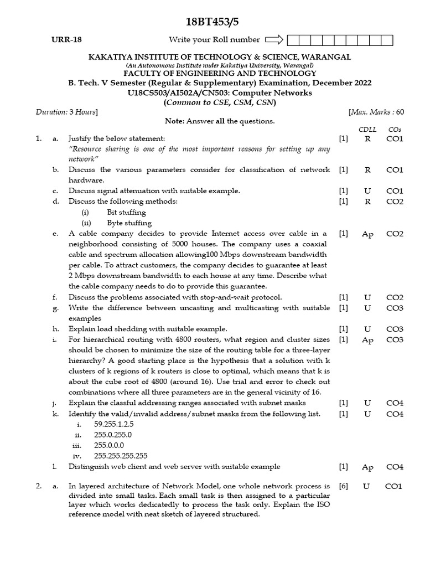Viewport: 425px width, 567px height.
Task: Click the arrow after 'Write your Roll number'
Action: click(x=274, y=40)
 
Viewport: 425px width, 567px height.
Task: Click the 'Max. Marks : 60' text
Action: click(x=376, y=112)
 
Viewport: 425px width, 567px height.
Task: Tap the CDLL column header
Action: click(x=367, y=130)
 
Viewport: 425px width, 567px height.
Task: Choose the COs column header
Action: click(x=395, y=130)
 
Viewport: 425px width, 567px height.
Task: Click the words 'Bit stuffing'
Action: click(x=126, y=213)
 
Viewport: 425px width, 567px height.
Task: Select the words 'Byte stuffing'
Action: click(x=129, y=223)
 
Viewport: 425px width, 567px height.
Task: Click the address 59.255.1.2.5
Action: click(x=114, y=424)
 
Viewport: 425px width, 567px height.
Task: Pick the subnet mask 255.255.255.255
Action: click(x=121, y=456)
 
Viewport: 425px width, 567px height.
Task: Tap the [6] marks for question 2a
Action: click(x=344, y=486)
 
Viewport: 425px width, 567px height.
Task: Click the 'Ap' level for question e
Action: click(x=367, y=234)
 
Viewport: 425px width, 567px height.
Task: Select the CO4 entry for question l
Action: click(x=395, y=467)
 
